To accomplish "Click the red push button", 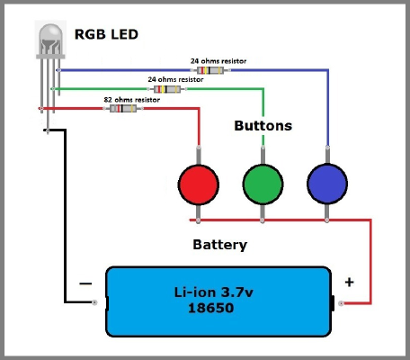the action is point(199,184).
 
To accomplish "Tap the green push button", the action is point(263,184).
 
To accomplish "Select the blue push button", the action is point(327,184).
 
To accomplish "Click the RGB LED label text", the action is point(106,34).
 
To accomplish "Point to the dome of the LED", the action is point(50,39).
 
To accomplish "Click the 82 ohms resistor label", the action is point(132,100).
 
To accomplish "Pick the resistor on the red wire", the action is point(123,108).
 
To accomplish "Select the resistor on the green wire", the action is point(167,89).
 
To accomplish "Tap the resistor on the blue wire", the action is point(210,70).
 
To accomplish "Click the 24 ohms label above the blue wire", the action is point(218,61).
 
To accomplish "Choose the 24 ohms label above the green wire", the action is point(175,80).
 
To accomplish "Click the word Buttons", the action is point(263,126).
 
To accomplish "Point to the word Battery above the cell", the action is point(220,245).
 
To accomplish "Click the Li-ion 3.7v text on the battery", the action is point(214,292).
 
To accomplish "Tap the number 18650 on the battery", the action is point(211,308).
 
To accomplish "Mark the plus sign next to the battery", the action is point(349,282).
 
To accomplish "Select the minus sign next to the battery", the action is point(85,283).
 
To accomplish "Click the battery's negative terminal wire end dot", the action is point(94,302).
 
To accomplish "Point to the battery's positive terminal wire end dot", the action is point(341,303).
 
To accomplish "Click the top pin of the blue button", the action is point(327,155).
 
